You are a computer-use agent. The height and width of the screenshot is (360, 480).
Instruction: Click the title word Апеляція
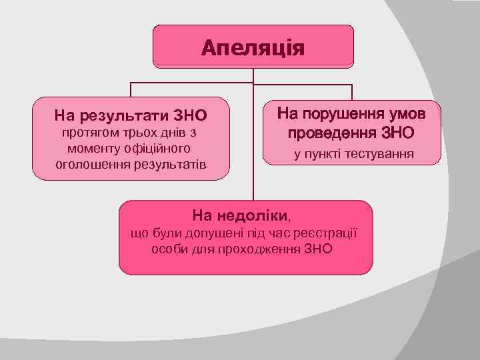coord(253,48)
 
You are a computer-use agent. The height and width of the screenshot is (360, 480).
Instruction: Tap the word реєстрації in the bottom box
coord(327,233)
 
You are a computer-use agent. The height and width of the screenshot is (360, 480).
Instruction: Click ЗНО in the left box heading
coord(190,115)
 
